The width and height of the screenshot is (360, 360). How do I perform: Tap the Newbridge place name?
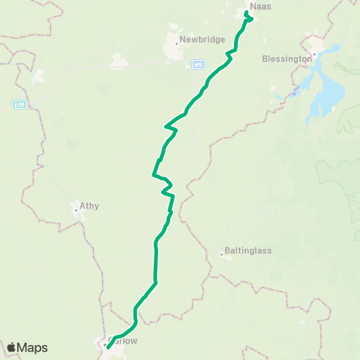(202, 39)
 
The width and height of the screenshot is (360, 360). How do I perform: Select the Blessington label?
(286, 58)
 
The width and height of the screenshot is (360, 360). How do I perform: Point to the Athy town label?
(89, 205)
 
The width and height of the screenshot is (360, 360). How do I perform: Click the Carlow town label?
(123, 339)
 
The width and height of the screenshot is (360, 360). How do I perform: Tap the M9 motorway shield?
(197, 64)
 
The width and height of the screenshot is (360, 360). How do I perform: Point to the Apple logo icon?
(11, 347)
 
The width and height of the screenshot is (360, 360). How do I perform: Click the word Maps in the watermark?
(34, 348)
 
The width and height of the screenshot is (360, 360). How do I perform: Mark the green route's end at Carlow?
(108, 346)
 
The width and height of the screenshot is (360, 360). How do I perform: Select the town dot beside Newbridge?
(176, 43)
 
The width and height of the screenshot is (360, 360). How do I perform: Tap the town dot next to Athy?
(76, 211)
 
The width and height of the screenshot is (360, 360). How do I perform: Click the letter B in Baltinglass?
(227, 251)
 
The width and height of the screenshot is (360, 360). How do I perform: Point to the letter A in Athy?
(82, 205)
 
